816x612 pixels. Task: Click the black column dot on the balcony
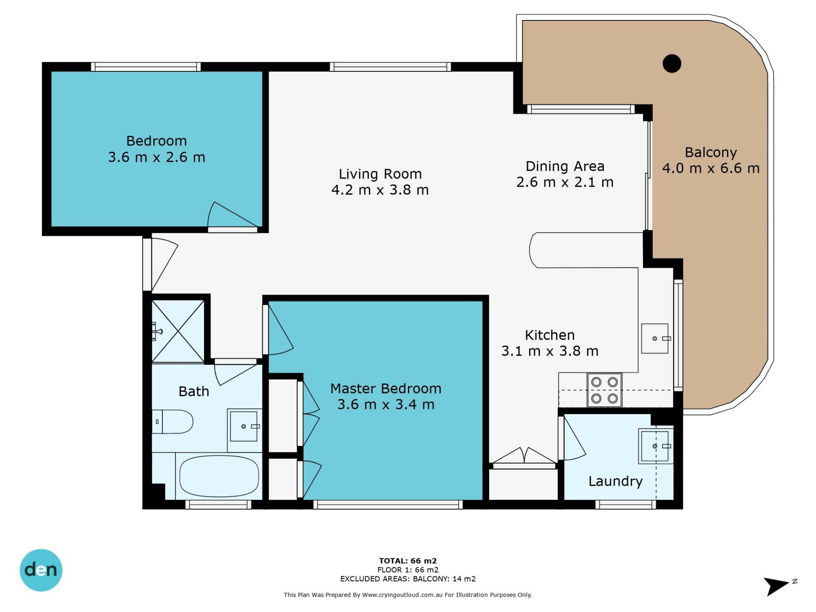point(672,64)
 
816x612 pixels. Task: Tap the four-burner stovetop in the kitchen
point(604,390)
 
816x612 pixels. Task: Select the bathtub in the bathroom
point(219,476)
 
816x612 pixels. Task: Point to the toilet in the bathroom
point(173,422)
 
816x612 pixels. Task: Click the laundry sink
point(655,446)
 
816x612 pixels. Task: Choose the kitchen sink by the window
point(655,338)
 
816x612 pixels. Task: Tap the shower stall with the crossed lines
point(178,331)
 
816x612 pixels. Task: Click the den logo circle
point(41,570)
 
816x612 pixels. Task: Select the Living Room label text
point(380,174)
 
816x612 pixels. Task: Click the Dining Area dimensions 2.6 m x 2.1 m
point(565,182)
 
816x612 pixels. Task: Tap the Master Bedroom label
point(386,388)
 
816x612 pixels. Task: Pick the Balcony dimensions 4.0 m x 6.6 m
point(711,168)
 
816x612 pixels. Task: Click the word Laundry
point(615,482)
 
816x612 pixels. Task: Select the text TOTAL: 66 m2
point(408,561)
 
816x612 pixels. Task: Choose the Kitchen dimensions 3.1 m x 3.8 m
point(550,351)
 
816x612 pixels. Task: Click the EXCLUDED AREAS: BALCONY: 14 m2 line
point(408,579)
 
